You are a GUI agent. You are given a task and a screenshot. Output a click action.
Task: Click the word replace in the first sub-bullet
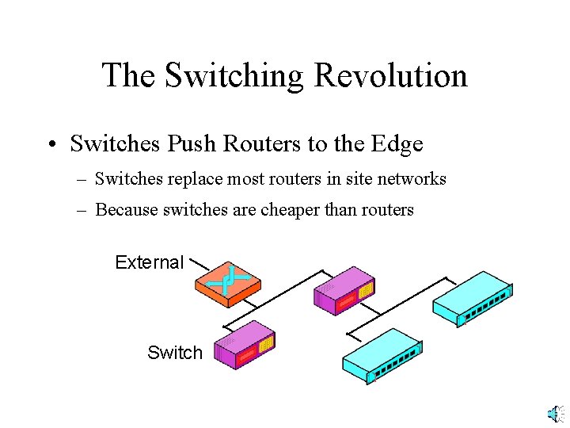point(192,179)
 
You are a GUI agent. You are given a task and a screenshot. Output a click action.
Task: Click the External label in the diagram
point(149,262)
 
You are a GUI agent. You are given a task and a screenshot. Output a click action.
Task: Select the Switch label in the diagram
point(175,353)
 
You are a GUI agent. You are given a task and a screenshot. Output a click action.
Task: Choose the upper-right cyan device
point(472,297)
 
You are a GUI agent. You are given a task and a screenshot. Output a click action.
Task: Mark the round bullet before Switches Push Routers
point(50,144)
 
